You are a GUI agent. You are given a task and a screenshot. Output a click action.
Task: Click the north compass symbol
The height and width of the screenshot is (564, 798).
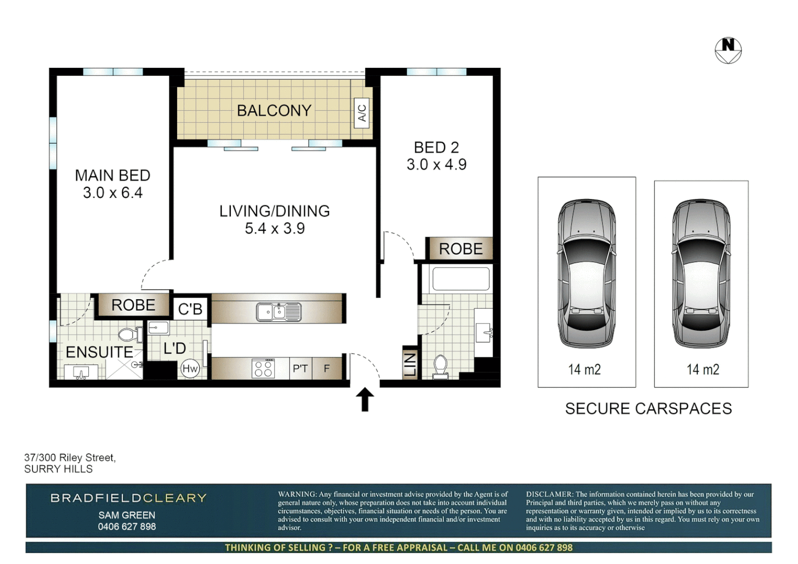(728, 51)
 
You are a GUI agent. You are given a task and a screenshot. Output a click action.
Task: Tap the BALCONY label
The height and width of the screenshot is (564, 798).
(274, 111)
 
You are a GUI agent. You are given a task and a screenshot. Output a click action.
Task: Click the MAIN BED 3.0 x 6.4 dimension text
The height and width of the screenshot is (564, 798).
(113, 193)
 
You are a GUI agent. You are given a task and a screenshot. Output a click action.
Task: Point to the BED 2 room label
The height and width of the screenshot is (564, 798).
(436, 148)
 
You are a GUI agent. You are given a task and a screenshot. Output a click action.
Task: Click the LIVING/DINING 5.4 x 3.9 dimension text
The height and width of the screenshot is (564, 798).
(275, 228)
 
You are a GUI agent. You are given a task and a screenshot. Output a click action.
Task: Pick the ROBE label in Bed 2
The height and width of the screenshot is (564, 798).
(461, 249)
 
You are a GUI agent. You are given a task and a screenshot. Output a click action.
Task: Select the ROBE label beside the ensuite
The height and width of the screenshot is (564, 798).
(133, 305)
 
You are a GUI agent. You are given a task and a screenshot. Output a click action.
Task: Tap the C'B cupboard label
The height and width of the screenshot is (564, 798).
(190, 309)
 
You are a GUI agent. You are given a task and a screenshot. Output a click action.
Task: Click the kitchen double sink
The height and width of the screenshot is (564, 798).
(278, 312)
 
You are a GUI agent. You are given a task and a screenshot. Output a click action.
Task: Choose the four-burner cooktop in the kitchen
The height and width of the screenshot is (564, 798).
(263, 369)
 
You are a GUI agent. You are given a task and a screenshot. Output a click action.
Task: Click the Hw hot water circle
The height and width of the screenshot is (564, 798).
(190, 369)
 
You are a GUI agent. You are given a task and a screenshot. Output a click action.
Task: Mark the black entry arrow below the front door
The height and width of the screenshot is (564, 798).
(365, 399)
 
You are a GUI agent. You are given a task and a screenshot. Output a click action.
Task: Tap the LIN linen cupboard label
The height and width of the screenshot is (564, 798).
(410, 364)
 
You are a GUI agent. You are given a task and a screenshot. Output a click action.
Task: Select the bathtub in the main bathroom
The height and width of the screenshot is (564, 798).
(461, 279)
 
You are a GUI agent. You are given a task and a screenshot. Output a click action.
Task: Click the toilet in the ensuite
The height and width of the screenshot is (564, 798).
(128, 334)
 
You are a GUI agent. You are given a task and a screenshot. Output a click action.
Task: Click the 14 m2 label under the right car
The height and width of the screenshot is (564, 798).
(702, 370)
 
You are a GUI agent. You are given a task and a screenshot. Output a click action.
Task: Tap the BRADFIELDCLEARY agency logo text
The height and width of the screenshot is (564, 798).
(128, 498)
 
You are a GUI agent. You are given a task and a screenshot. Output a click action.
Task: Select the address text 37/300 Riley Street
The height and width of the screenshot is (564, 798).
(70, 457)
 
